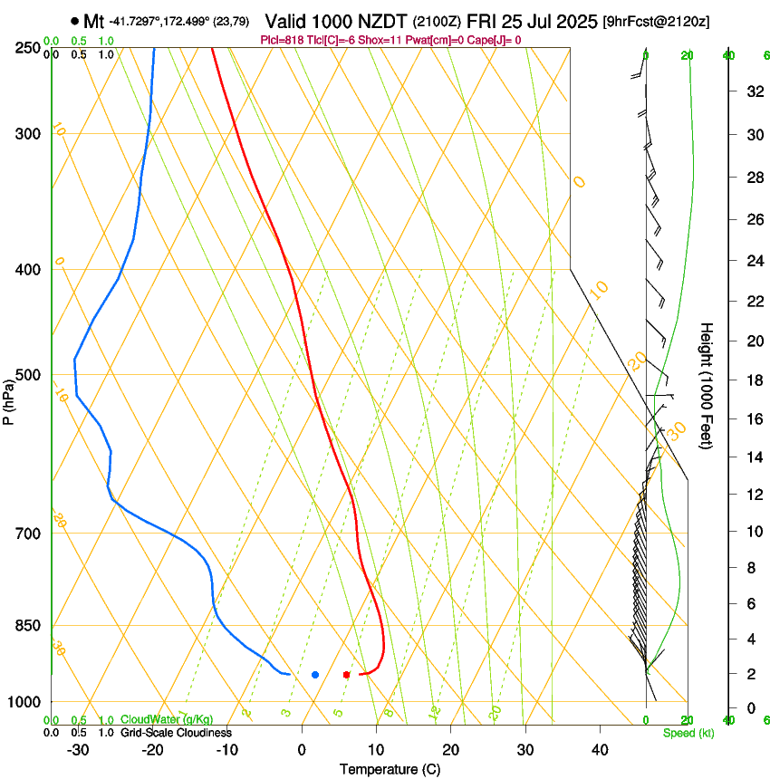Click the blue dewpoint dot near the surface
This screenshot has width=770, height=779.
[x=315, y=675]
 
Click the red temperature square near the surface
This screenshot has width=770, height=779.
[x=346, y=675]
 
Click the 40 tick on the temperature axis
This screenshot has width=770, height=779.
[x=599, y=749]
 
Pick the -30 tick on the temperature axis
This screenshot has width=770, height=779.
[x=78, y=749]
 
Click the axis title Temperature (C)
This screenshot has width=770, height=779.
[x=390, y=769]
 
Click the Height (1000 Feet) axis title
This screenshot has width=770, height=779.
[x=707, y=385]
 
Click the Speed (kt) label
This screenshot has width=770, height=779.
[x=688, y=733]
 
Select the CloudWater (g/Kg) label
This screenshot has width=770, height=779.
[x=167, y=720]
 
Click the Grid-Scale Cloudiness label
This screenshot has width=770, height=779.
[x=176, y=733]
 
